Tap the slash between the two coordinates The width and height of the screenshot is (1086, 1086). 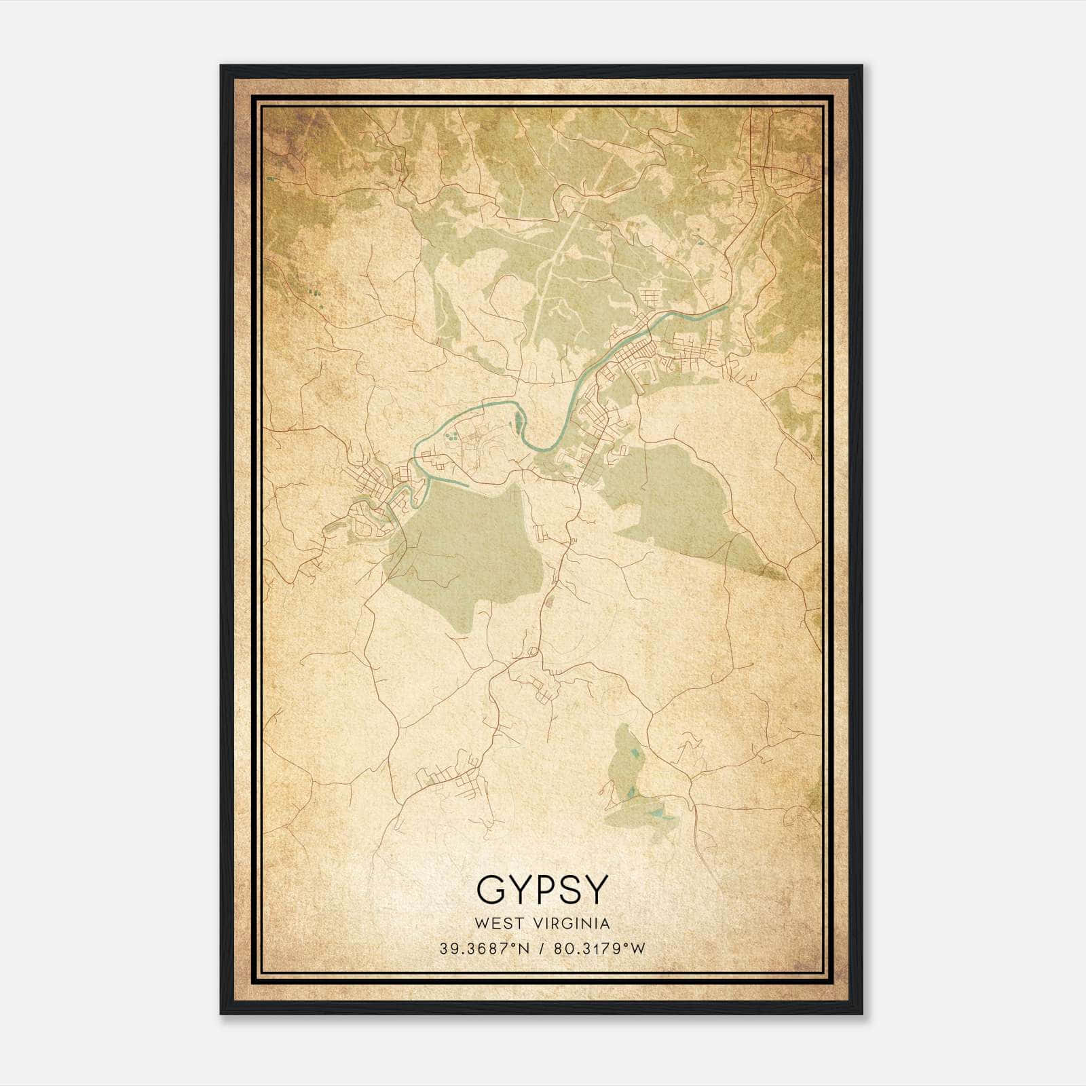(x=542, y=949)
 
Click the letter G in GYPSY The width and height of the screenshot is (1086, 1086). (x=491, y=890)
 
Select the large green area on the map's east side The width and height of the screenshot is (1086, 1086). (x=679, y=495)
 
